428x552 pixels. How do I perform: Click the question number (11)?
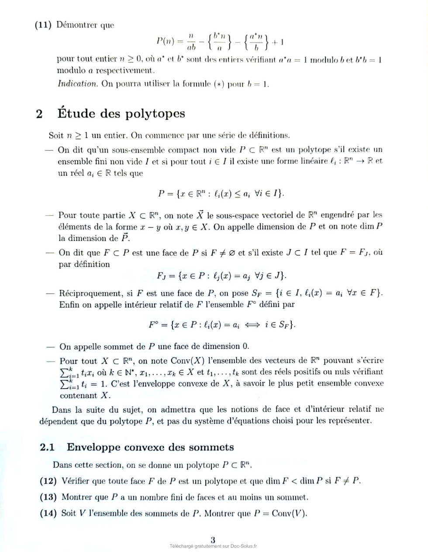[x=44, y=25]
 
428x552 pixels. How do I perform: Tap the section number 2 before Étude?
[x=39, y=114]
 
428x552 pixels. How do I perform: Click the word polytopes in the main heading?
[x=155, y=114]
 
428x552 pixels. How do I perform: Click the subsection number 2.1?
[x=47, y=447]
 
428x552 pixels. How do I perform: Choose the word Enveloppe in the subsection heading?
[x=93, y=448]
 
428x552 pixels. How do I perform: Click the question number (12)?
[x=48, y=481]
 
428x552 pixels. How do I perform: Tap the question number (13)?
[x=48, y=497]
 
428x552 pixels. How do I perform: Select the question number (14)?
[x=48, y=513]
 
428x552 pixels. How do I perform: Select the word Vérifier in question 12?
[x=77, y=481]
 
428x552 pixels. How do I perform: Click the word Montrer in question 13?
[x=76, y=497]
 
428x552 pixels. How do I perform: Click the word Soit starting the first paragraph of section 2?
[x=56, y=136]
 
